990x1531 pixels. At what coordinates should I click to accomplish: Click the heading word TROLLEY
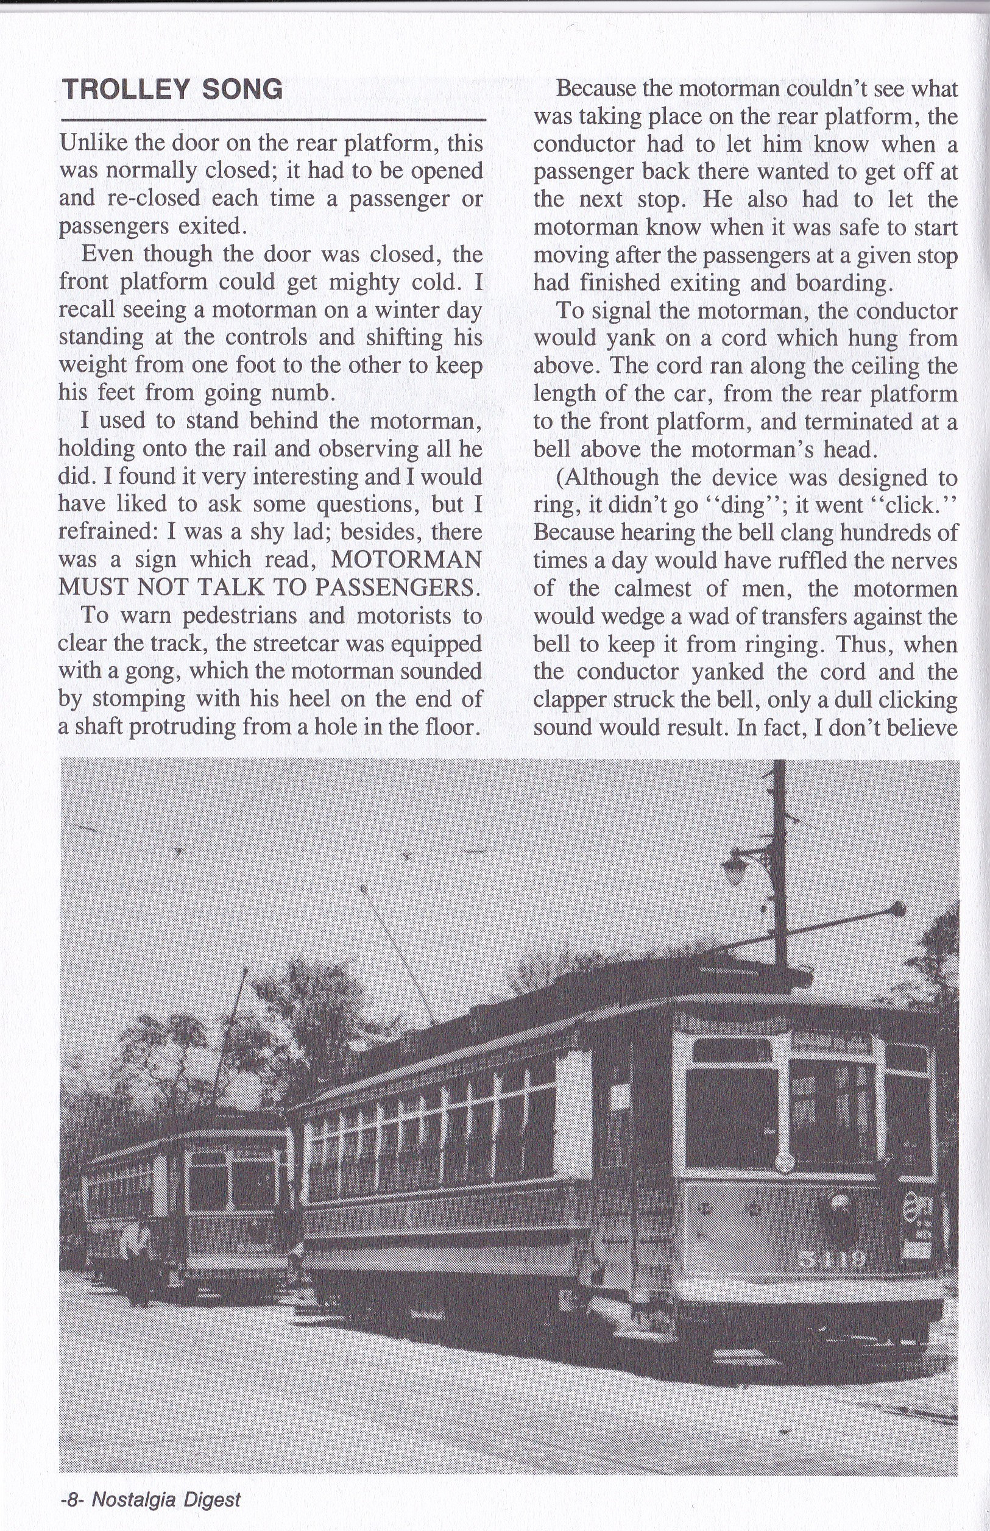126,90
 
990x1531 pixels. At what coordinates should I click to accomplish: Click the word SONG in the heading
242,90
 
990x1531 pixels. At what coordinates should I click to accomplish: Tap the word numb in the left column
300,393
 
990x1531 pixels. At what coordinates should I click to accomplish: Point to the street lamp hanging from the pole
735,870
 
